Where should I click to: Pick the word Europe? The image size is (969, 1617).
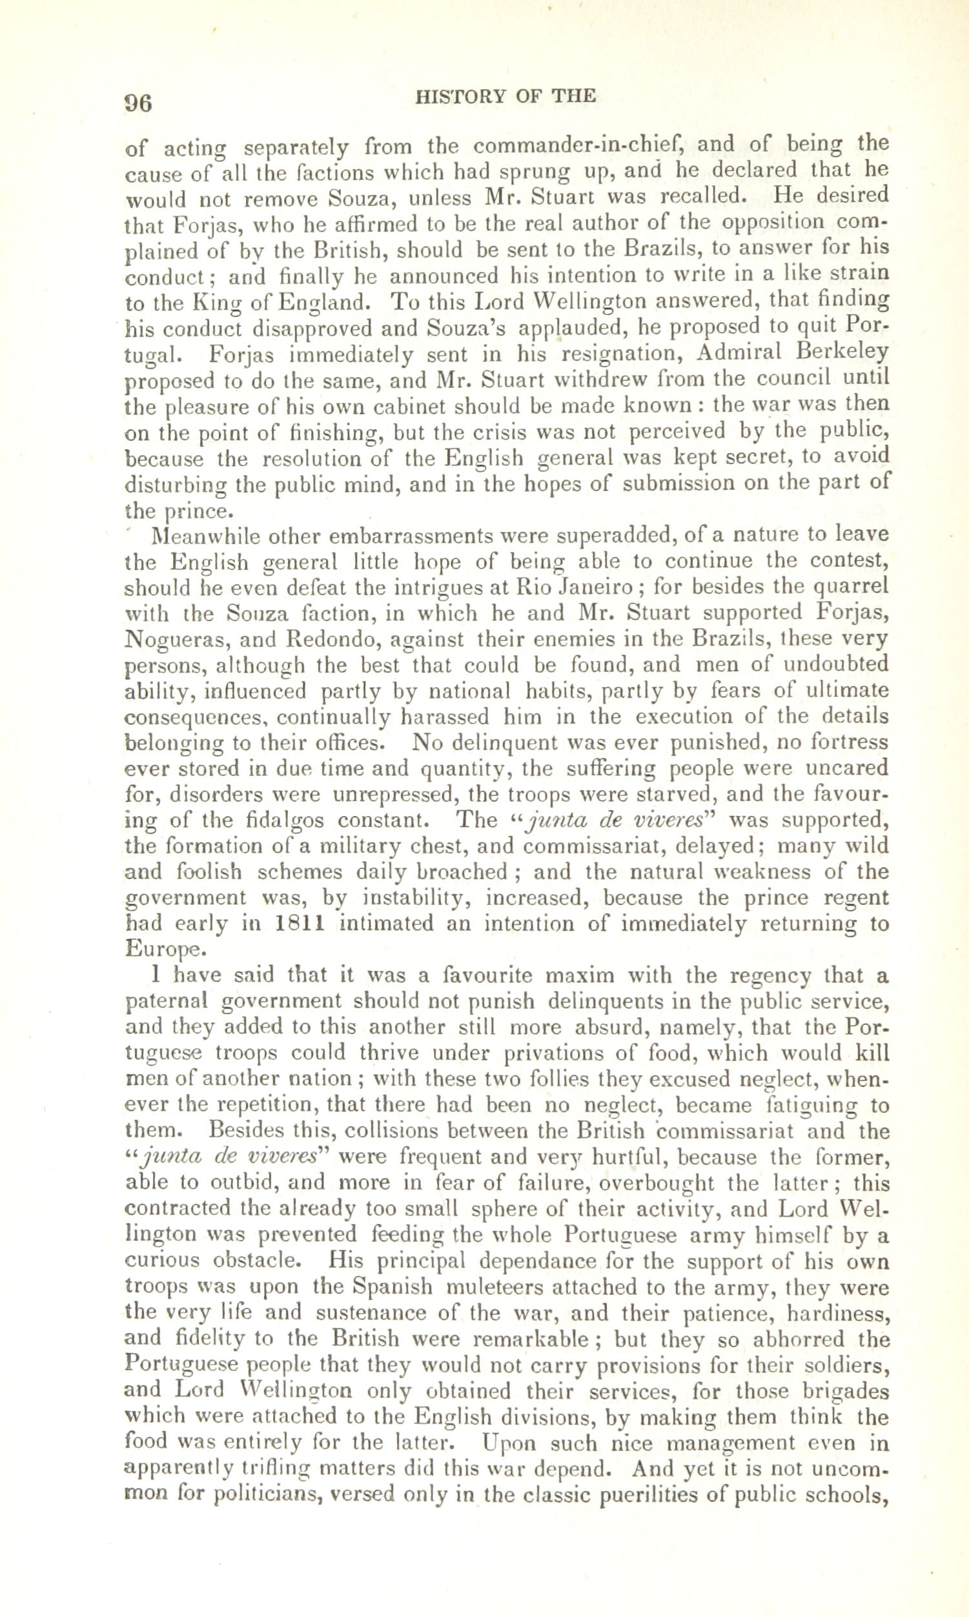(161, 950)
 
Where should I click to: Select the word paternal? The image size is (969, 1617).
(166, 1002)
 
